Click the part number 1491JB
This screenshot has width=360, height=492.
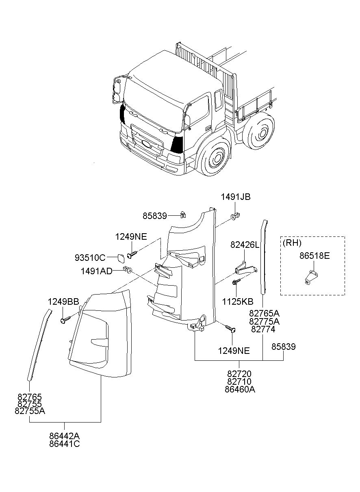coord(236,197)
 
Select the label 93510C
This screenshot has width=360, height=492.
coord(90,258)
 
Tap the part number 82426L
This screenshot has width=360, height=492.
coord(245,245)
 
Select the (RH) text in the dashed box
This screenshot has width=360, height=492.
coord(292,243)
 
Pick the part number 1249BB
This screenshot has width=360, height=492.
coord(63,301)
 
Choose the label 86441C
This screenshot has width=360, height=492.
coord(65,444)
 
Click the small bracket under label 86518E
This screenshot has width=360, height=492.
coord(311,278)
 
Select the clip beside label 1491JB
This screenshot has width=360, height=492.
coord(235,215)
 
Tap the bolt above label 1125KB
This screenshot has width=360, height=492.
coord(236,282)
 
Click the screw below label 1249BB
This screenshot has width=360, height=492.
coord(64,320)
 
